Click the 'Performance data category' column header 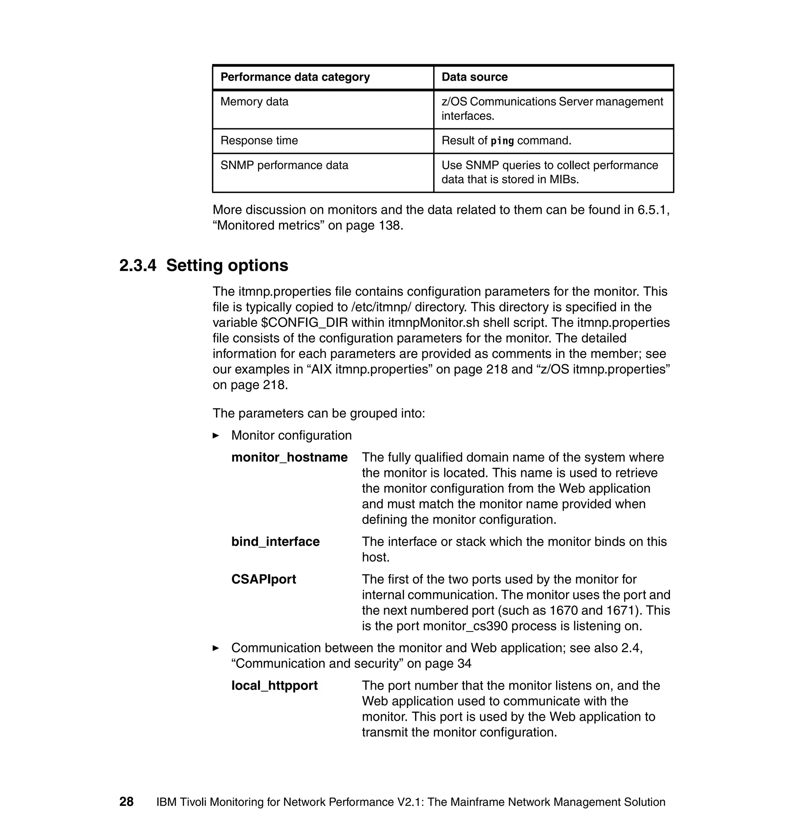(295, 77)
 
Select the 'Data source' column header (474, 77)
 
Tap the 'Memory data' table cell (254, 102)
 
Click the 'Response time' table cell (259, 140)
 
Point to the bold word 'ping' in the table (502, 141)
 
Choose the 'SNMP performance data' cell (284, 165)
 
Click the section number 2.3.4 (137, 266)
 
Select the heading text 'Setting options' (227, 266)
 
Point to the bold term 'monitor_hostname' (289, 457)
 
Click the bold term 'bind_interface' (275, 541)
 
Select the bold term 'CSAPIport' (263, 579)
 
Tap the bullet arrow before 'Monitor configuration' (216, 435)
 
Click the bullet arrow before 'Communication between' (216, 648)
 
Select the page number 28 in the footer (126, 802)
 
